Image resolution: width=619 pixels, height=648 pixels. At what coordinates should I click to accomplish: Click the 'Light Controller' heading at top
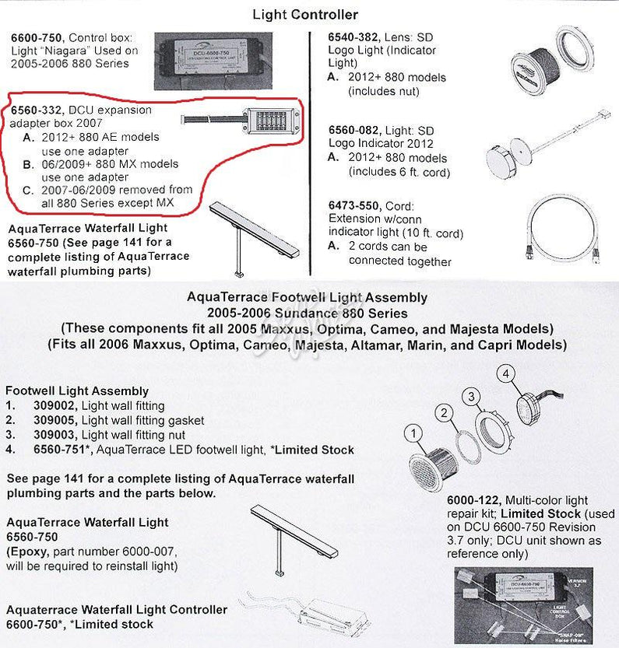click(305, 15)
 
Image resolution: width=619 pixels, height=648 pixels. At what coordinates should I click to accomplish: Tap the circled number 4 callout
click(506, 374)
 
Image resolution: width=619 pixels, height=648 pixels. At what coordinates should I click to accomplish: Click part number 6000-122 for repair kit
click(472, 500)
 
